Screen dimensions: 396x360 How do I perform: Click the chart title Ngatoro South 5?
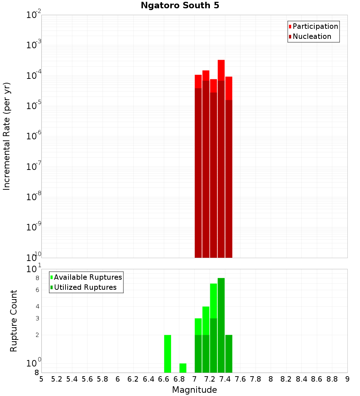[180, 6]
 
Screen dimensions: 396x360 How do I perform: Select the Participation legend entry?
[313, 26]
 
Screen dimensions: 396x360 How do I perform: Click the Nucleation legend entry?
[310, 36]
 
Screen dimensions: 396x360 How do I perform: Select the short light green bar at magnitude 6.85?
[183, 368]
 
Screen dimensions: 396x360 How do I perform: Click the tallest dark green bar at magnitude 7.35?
[221, 324]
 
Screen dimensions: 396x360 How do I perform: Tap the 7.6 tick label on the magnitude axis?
[240, 379]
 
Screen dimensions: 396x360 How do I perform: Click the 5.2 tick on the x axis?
[57, 379]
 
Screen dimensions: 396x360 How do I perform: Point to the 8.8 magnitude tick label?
[332, 379]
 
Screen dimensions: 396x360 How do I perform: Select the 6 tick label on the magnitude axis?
[118, 379]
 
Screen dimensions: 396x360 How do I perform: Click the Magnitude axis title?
[194, 390]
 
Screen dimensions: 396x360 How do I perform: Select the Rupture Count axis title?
[14, 320]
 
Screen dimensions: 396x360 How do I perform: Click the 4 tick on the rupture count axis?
[37, 307]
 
